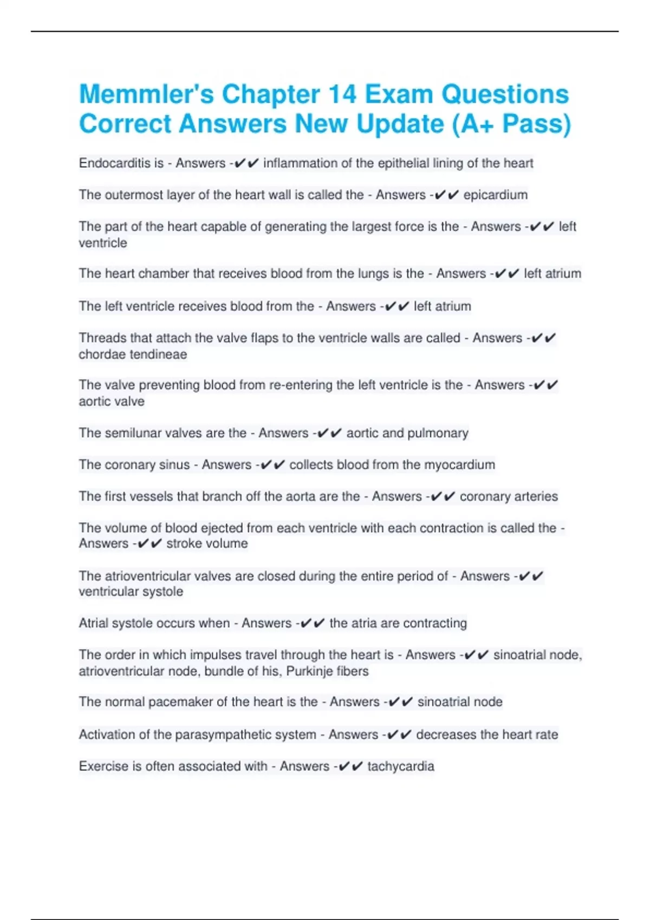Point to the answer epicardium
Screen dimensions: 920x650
click(x=495, y=195)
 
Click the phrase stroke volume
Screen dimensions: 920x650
click(x=207, y=543)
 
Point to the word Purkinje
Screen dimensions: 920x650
click(x=308, y=672)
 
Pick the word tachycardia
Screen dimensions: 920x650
click(x=400, y=766)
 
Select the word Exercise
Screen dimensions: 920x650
click(x=103, y=766)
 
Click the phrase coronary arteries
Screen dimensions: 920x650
click(x=509, y=496)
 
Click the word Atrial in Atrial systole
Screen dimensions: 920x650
click(x=93, y=623)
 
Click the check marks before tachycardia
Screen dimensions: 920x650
click(x=350, y=766)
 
